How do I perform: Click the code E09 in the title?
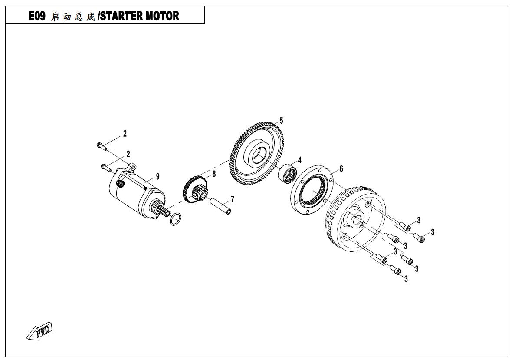pos(37,16)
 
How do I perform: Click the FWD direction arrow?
pos(39,331)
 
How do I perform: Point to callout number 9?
pos(157,177)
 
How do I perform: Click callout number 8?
pos(214,174)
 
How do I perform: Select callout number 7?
pos(233,199)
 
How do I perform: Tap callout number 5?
pos(281,121)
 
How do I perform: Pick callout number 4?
pos(299,160)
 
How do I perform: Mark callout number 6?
pos(341,168)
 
